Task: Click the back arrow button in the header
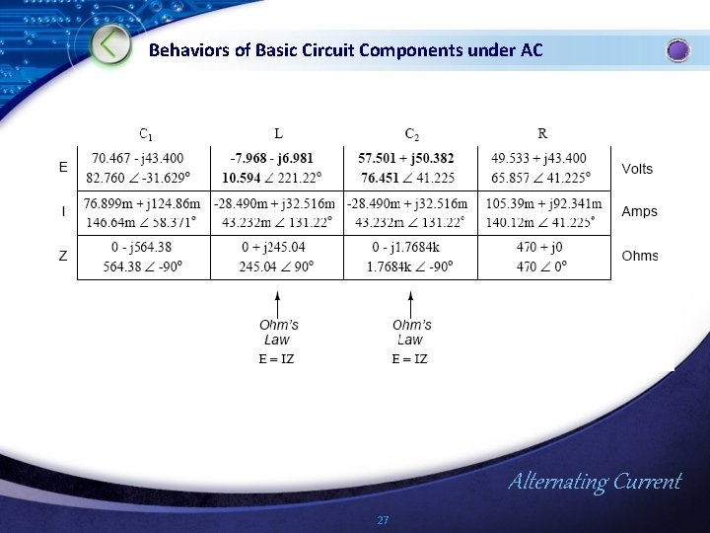(111, 44)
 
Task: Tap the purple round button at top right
(677, 50)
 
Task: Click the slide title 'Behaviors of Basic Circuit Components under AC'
(345, 50)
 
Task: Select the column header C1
(145, 133)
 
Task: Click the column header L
(278, 133)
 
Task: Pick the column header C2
(410, 133)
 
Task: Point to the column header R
(543, 133)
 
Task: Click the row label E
(64, 168)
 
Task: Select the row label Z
(64, 256)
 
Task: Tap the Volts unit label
(637, 169)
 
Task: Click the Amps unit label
(639, 211)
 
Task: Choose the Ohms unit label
(639, 256)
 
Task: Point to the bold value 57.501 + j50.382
(406, 158)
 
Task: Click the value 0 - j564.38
(144, 247)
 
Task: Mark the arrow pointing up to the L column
(278, 301)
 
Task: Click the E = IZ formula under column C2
(409, 359)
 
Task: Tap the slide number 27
(384, 519)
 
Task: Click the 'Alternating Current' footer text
(595, 482)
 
